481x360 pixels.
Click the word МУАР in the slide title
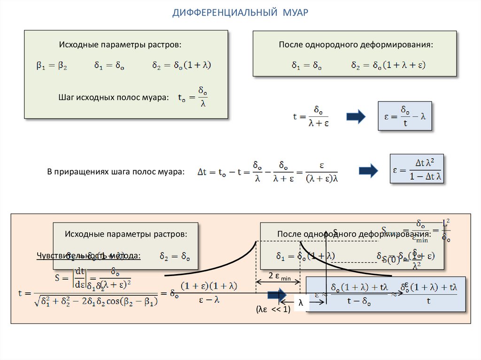[295, 12]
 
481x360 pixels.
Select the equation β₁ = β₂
[52, 66]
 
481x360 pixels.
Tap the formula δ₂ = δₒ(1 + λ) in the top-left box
[181, 66]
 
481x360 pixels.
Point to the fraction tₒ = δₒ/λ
[194, 97]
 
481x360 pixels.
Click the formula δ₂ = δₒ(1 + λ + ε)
[388, 66]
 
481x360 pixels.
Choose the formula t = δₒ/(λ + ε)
[310, 116]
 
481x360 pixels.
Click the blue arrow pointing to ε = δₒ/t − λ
[356, 117]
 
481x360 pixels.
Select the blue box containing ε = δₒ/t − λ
[404, 116]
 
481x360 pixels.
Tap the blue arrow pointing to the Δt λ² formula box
[368, 171]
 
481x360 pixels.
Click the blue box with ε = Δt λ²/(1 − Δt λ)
[417, 169]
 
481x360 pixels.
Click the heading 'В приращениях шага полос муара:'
[115, 172]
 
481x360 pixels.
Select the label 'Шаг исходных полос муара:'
[113, 98]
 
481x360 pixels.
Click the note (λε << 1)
[273, 310]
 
